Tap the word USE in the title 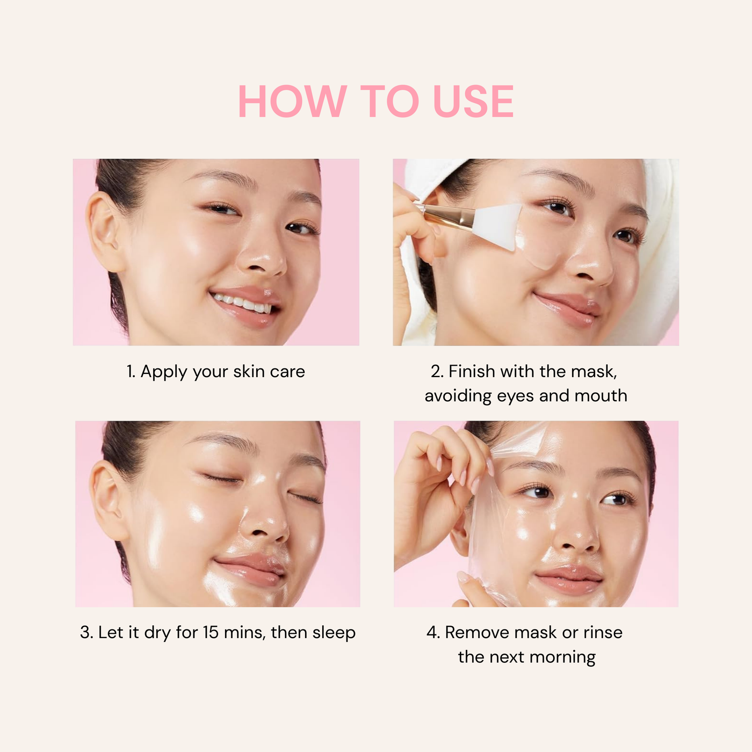(473, 102)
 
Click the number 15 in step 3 (211, 633)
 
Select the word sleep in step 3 (334, 633)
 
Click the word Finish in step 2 (472, 371)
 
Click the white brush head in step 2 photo (497, 226)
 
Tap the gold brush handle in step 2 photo (446, 215)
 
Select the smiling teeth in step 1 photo (244, 303)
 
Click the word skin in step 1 (249, 372)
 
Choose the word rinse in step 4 (603, 633)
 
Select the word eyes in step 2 (516, 396)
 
